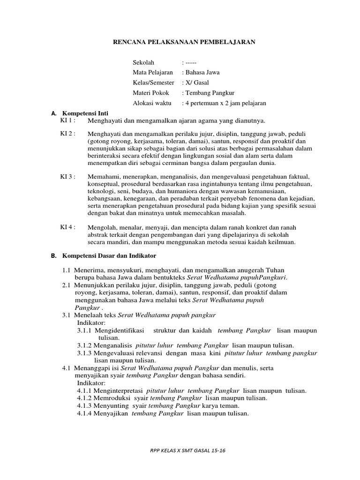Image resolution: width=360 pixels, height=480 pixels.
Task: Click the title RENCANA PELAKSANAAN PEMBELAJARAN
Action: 184,42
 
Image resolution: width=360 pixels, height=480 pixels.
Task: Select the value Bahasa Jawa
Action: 202,72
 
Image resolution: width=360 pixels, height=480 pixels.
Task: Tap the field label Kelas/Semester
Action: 153,82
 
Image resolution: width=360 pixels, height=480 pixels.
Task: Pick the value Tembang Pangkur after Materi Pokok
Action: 210,93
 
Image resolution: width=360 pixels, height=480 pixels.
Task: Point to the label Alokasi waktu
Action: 152,103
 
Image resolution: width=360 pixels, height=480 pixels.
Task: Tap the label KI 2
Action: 67,134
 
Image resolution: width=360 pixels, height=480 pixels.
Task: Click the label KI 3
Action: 67,177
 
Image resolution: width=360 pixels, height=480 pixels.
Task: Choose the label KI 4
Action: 67,227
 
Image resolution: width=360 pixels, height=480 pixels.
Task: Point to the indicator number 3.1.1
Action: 85,330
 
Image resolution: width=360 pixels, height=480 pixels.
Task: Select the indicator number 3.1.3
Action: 85,353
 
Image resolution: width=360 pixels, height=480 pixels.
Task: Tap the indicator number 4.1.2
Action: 85,398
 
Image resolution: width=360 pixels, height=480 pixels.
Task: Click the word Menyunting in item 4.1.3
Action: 112,405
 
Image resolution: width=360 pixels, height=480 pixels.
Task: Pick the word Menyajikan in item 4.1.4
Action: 112,413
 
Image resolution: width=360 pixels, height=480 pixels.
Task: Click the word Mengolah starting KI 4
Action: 102,227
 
